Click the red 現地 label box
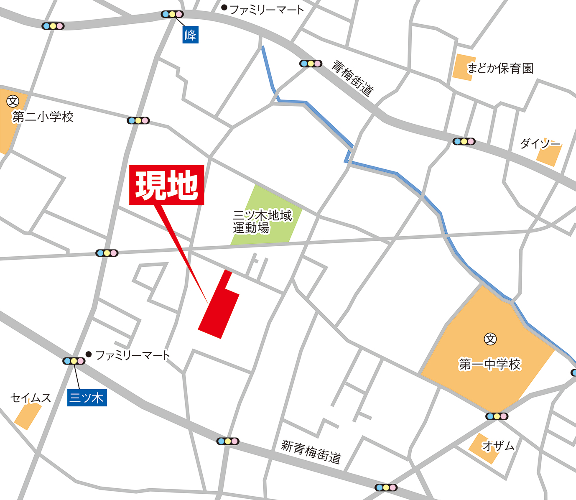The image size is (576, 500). (x=166, y=185)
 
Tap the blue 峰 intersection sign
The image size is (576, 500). (x=190, y=35)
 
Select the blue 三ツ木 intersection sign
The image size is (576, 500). (x=87, y=397)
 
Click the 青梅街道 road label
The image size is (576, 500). (x=352, y=78)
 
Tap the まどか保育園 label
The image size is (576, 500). (x=500, y=68)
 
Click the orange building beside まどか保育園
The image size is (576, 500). (x=464, y=67)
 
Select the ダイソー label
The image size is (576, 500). (x=540, y=144)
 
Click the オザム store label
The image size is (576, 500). (x=498, y=446)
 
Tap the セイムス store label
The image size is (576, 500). (x=31, y=398)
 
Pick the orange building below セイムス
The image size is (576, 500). (x=28, y=416)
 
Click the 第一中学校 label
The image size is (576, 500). (x=489, y=364)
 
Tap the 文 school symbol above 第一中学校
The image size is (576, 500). (x=490, y=339)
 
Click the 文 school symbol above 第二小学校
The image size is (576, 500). (x=13, y=101)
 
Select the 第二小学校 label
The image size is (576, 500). (x=43, y=117)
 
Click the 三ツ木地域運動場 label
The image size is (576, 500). (x=263, y=222)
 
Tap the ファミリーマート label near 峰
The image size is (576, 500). (x=267, y=9)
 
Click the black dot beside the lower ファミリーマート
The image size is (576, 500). (x=89, y=354)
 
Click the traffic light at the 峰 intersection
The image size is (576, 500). (x=172, y=14)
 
